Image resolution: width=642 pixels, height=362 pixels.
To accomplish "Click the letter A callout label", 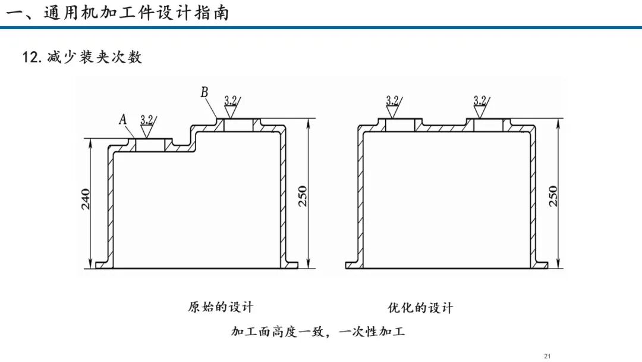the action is click(x=123, y=119).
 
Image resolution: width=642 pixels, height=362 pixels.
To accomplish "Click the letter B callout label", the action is click(x=204, y=92).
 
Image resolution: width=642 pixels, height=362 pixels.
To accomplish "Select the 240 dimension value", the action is click(x=86, y=199).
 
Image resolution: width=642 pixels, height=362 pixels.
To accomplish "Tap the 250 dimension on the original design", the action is click(x=302, y=196).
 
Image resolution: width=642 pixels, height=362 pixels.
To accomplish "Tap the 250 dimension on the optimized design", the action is click(x=553, y=196).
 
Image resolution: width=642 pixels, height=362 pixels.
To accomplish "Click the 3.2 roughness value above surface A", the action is click(x=147, y=120).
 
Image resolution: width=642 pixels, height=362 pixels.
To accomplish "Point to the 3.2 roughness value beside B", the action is click(x=231, y=101).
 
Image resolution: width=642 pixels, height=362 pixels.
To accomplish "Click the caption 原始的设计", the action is click(x=221, y=307).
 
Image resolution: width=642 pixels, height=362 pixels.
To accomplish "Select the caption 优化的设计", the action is click(x=420, y=307).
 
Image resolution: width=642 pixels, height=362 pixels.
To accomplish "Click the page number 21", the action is click(x=547, y=356).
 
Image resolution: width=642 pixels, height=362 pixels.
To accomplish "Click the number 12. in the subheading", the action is click(x=32, y=57).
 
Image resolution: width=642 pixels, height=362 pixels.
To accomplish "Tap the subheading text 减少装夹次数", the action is click(x=95, y=57).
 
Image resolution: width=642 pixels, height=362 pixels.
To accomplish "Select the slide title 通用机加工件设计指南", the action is click(x=136, y=13).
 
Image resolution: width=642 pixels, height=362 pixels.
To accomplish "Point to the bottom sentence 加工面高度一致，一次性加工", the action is click(x=318, y=331).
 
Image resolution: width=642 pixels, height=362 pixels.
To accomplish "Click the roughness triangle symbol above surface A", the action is click(x=146, y=131).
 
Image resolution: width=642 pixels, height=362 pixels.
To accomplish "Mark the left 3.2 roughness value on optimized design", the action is click(x=392, y=101).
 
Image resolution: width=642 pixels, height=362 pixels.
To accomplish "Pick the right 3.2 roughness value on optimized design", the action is click(x=480, y=101).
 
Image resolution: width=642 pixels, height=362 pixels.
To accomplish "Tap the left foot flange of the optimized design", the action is click(x=354, y=265).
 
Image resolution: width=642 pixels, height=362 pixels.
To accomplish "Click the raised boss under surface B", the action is click(x=238, y=125).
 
